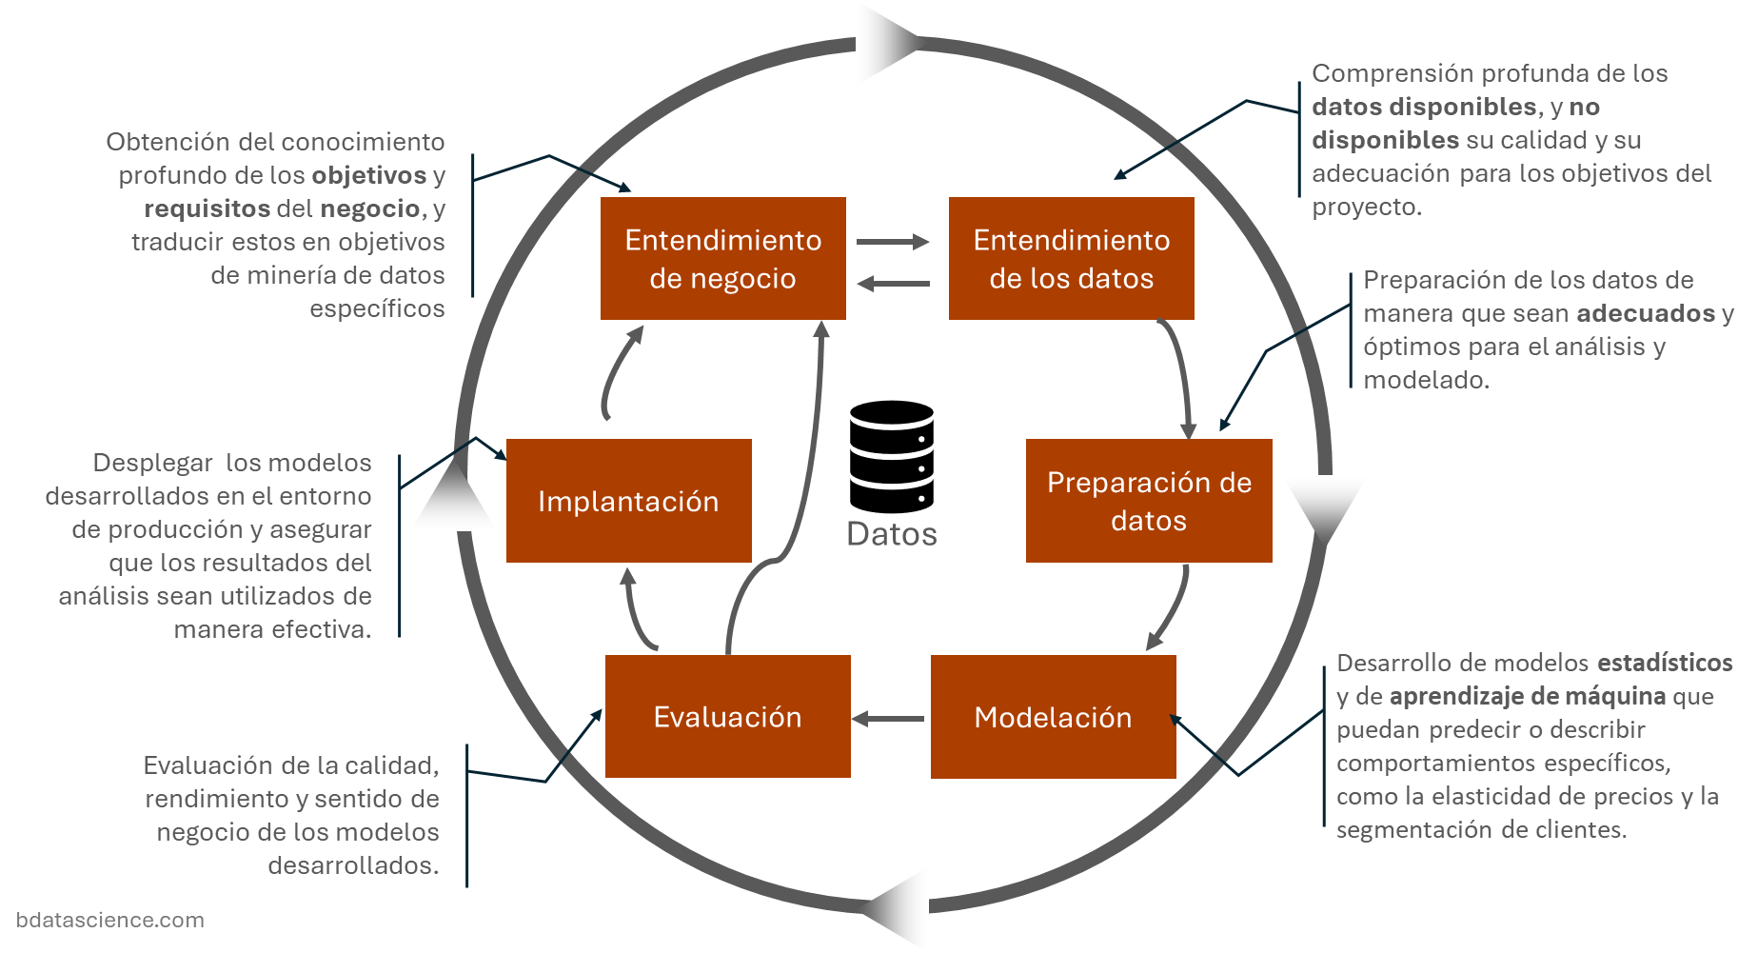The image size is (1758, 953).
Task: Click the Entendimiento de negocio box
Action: pos(722,258)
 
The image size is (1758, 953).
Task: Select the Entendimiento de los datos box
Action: pos(1071,258)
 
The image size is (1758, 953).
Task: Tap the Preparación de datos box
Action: pos(1149,501)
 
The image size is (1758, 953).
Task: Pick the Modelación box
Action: pos(1053,717)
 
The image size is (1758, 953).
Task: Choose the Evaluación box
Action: pos(727,717)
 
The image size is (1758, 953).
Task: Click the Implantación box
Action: pos(628,501)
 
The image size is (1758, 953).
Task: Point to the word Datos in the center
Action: pos(891,534)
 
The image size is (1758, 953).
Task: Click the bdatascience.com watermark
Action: pos(109,920)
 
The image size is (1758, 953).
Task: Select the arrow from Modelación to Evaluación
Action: pos(888,719)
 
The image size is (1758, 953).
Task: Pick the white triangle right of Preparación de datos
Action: pos(1324,505)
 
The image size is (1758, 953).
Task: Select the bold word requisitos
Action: pos(207,208)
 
